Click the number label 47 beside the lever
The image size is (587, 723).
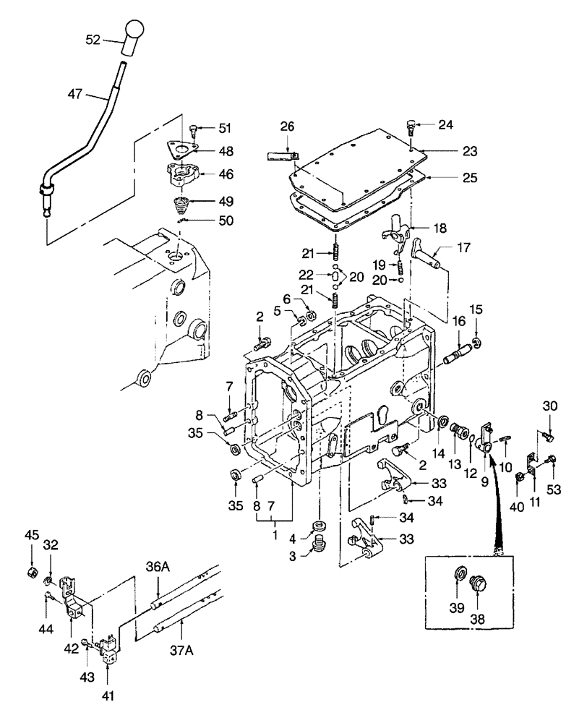pos(76,93)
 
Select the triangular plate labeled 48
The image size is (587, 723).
pos(182,151)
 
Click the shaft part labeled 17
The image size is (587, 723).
pos(429,256)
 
